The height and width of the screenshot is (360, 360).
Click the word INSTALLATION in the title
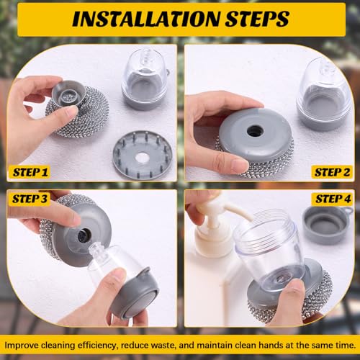[x=146, y=19]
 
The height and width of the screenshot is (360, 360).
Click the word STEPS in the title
[x=257, y=19]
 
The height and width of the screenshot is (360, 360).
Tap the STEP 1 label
[x=30, y=172]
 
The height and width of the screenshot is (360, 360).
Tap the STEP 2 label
[x=332, y=172]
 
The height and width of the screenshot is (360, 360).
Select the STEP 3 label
[x=30, y=199]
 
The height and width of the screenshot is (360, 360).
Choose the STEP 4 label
[x=333, y=199]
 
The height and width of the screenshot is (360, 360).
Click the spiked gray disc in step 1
[x=143, y=155]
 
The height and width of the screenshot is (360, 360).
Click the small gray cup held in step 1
[x=68, y=93]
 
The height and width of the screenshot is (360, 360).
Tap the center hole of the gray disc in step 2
[x=256, y=131]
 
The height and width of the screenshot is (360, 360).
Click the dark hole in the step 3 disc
[x=84, y=235]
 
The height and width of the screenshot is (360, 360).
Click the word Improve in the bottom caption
[x=22, y=346]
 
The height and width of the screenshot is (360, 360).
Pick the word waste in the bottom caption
[x=164, y=346]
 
